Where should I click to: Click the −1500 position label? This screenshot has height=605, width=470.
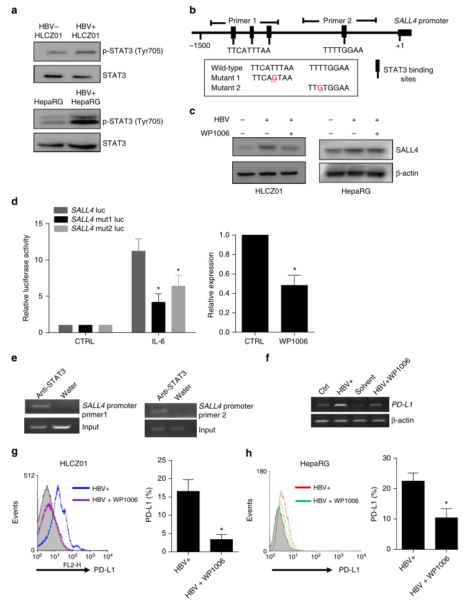[200, 46]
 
